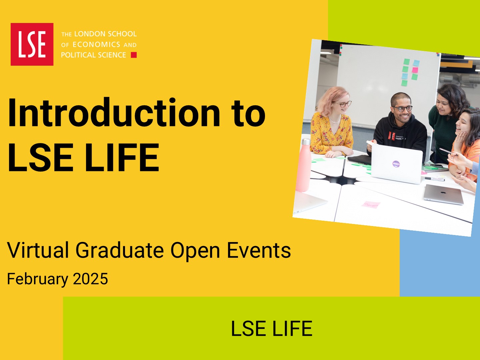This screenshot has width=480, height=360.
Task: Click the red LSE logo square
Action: coord(32,44)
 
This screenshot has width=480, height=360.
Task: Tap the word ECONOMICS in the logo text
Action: coord(96,45)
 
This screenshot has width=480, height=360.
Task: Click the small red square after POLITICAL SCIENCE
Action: coord(134,55)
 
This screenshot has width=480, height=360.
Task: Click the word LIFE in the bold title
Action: coord(122,157)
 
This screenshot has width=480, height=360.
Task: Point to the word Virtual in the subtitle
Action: coord(38,250)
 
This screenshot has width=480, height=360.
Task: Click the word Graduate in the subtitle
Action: coord(120,250)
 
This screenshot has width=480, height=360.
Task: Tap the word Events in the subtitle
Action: coord(259,250)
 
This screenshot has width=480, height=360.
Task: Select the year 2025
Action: coord(90,279)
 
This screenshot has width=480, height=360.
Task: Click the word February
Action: coord(38,279)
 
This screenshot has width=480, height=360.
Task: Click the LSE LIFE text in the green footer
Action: coord(272,329)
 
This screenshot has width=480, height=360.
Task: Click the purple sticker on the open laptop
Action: coord(396,163)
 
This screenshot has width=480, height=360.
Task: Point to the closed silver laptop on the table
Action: coord(443,194)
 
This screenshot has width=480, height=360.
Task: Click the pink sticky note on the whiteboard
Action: coord(415,70)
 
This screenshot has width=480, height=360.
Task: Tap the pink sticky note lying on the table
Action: coord(371,205)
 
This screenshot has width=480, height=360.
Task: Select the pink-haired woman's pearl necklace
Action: coord(335,120)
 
